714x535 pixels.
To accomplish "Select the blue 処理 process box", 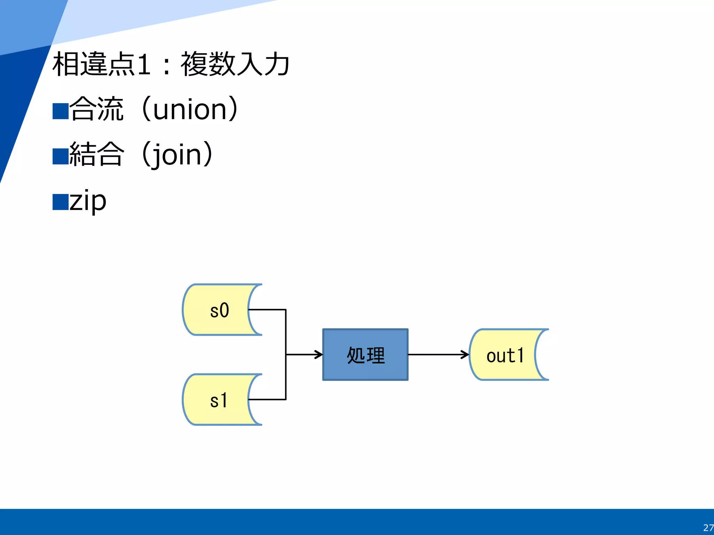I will pyautogui.click(x=365, y=355).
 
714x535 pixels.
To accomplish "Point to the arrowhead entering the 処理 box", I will pyautogui.click(x=319, y=355).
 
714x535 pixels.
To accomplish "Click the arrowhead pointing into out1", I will pyautogui.click(x=465, y=355).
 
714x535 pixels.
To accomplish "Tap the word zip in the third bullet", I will pyautogui.click(x=88, y=201).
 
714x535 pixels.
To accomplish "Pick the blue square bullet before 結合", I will pyautogui.click(x=60, y=156).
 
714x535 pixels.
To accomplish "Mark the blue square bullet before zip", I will pyautogui.click(x=60, y=202).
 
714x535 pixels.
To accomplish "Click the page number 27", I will pyautogui.click(x=708, y=527).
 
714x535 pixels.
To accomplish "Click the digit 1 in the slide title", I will pyautogui.click(x=144, y=64).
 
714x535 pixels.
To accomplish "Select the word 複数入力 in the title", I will pyautogui.click(x=235, y=64).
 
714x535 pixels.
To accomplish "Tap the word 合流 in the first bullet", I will pyautogui.click(x=97, y=109).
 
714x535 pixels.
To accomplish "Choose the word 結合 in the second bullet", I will pyautogui.click(x=97, y=154).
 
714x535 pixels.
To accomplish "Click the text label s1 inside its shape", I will pyautogui.click(x=219, y=401).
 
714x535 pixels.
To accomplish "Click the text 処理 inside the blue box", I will pyautogui.click(x=366, y=356).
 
